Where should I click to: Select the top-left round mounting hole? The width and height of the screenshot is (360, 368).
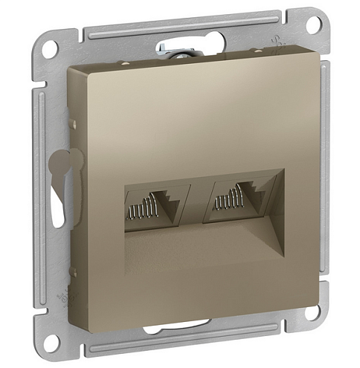click(x=50, y=48)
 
